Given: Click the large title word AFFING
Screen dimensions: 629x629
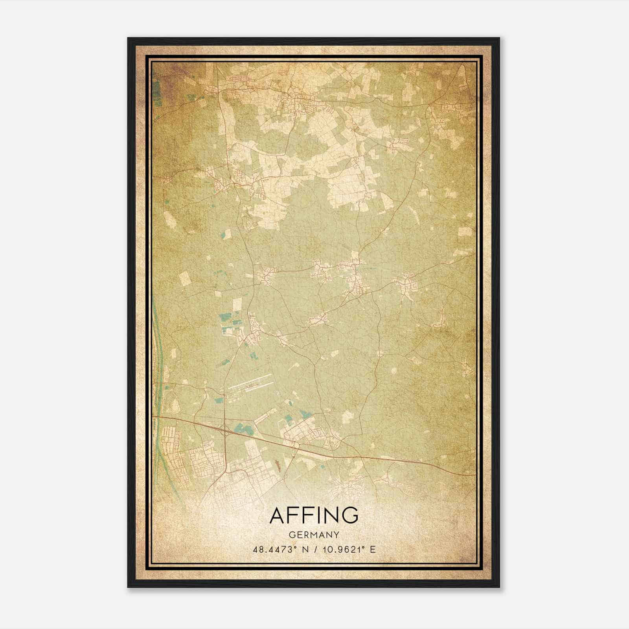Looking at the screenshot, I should click(314, 515).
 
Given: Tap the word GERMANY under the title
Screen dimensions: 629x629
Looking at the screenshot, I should click(314, 535).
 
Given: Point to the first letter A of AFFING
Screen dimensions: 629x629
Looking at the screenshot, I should click(278, 515).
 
